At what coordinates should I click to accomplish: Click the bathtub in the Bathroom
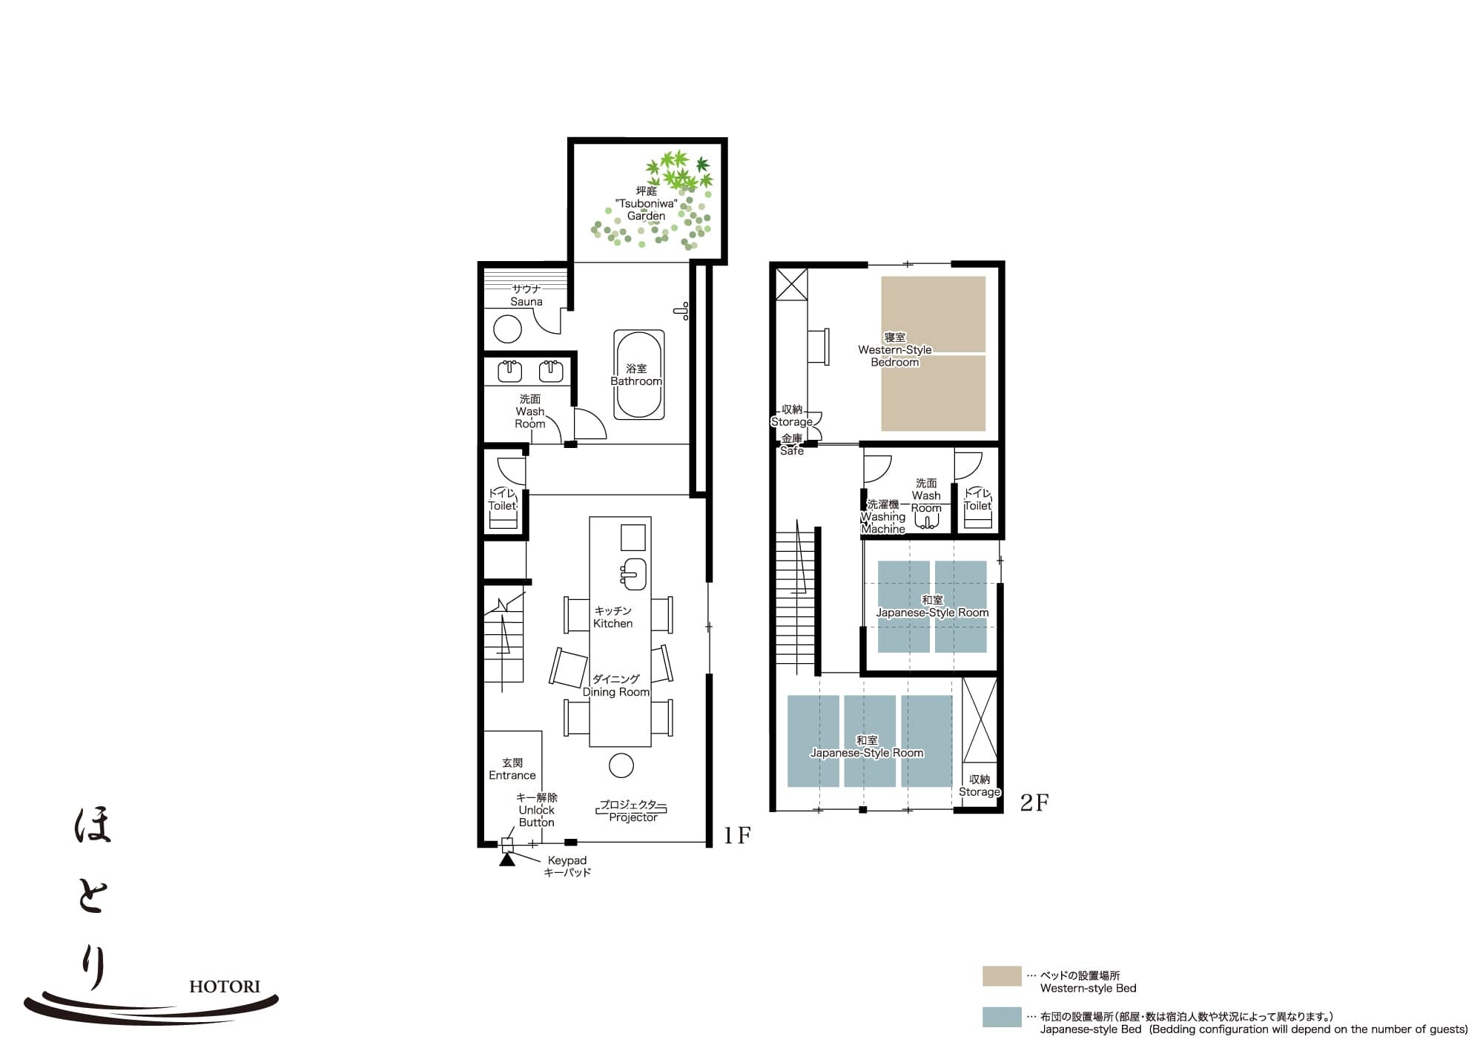pos(638,375)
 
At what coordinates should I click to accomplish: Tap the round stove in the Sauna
pos(507,329)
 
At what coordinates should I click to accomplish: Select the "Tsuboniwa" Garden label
pos(646,203)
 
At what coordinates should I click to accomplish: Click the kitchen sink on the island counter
pos(634,573)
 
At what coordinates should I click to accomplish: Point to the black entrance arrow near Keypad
pos(507,860)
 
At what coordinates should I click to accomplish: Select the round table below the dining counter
pos(621,765)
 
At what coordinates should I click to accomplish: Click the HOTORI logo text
pos(225,986)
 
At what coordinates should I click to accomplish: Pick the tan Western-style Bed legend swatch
pos(1002,976)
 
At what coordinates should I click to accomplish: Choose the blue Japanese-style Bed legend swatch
pos(1002,1017)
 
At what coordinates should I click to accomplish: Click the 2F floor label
pos(1034,803)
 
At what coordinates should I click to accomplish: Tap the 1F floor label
pos(737,836)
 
